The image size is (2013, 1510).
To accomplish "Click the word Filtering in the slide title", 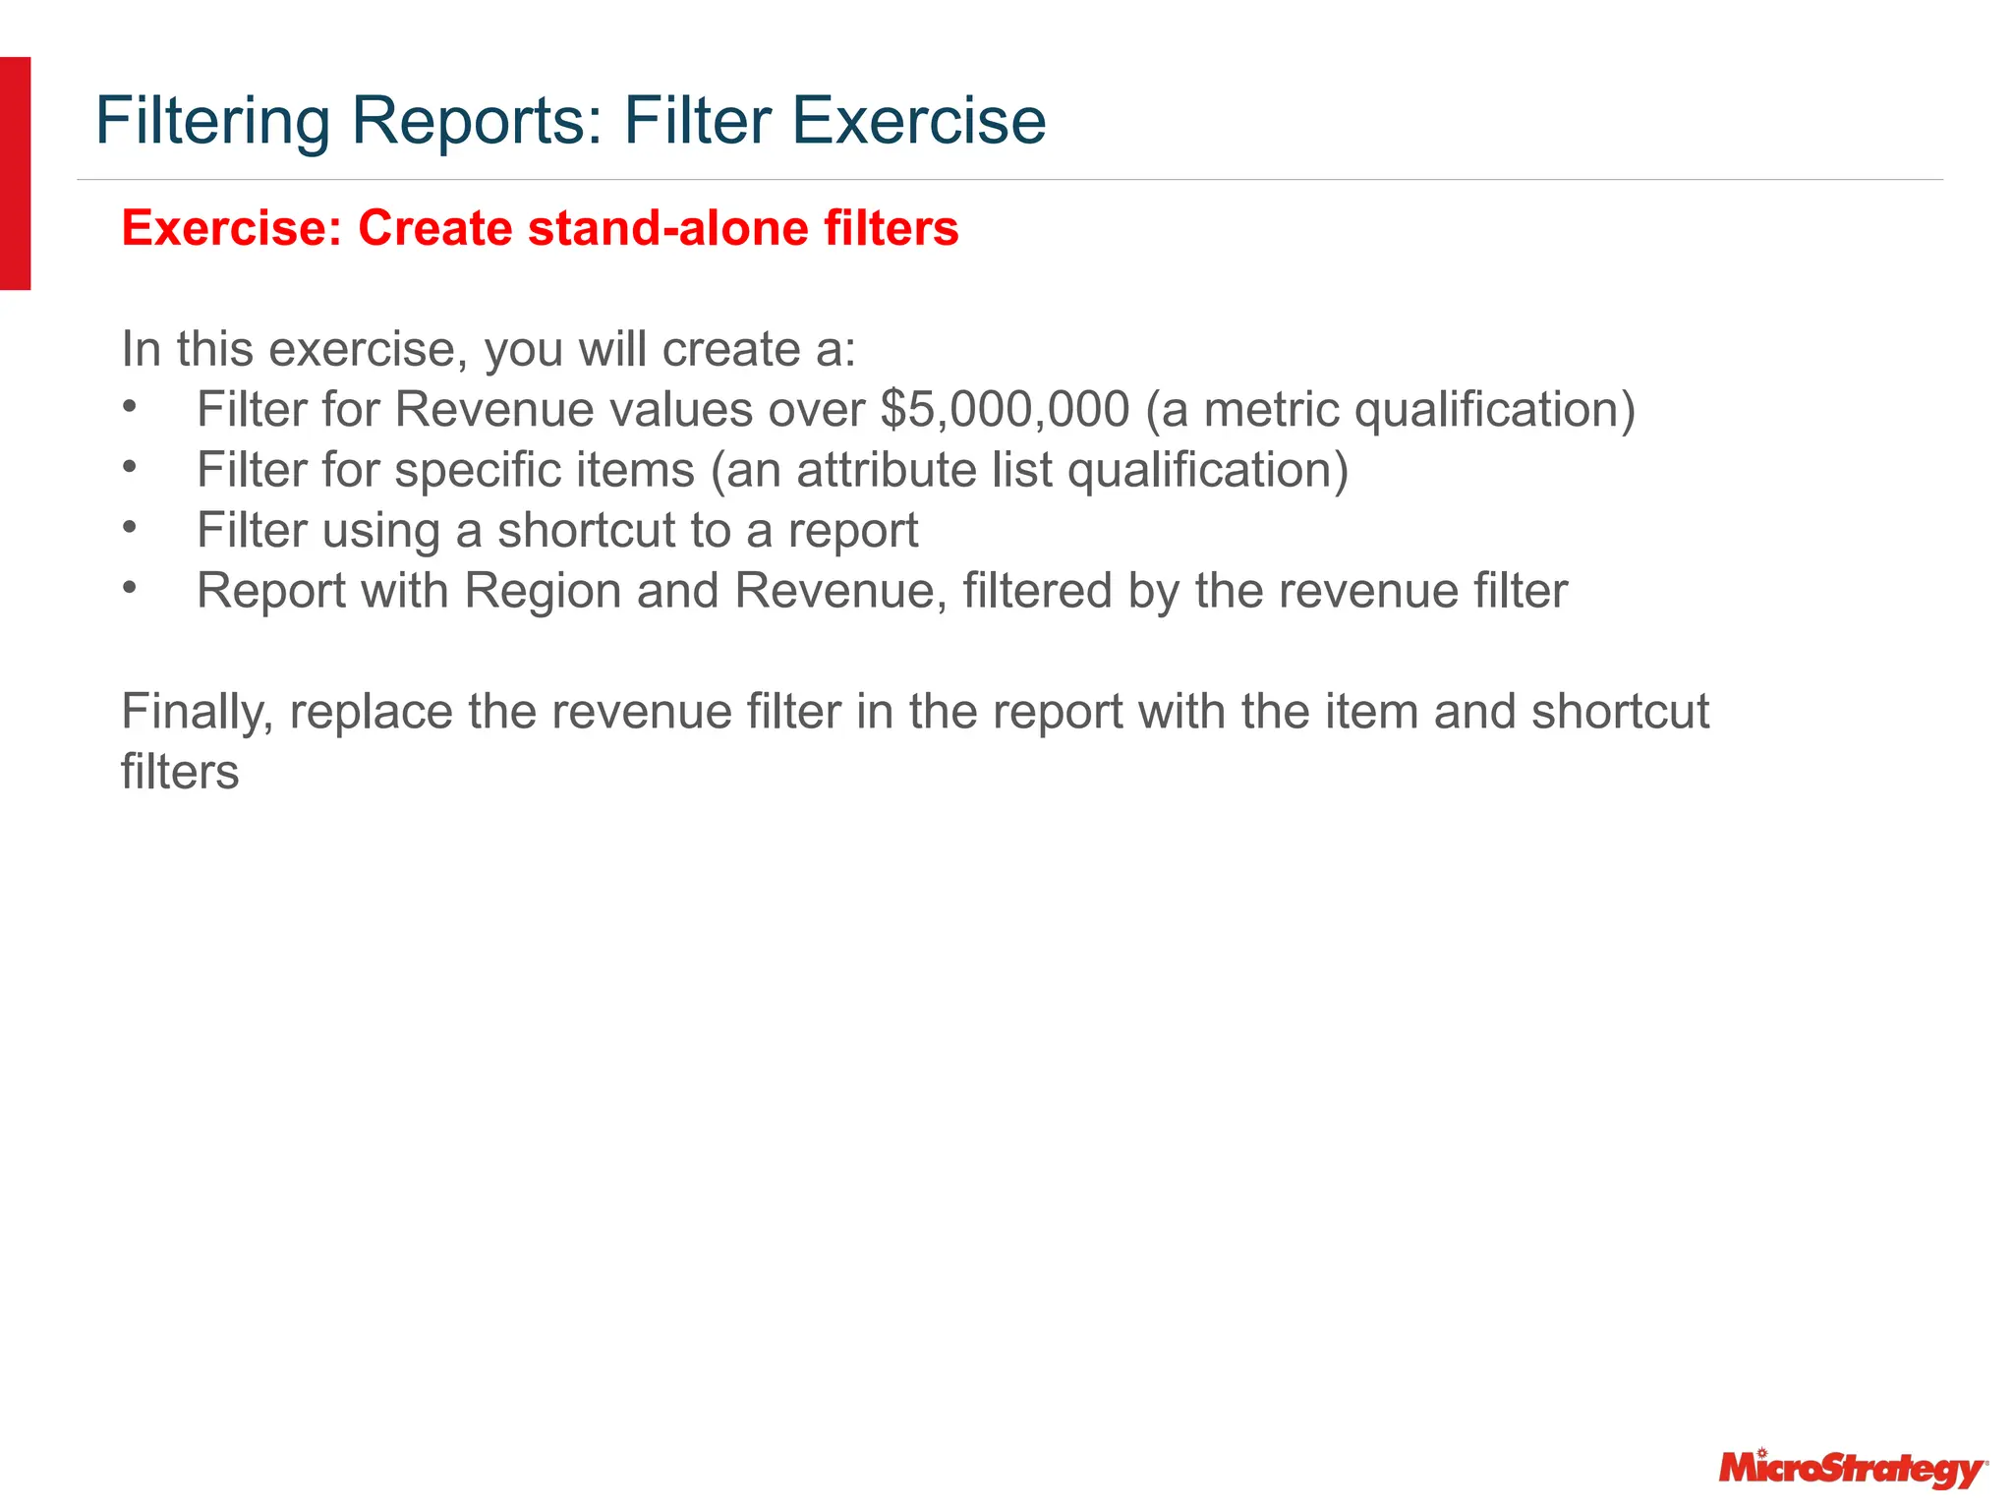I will [212, 121].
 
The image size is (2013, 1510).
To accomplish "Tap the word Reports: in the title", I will [478, 121].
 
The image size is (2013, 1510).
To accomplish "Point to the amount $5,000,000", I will [1005, 409].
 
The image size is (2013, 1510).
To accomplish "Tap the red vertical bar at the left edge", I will [15, 173].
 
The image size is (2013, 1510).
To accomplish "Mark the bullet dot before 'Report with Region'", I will [129, 587].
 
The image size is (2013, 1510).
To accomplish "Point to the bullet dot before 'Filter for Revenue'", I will [129, 405].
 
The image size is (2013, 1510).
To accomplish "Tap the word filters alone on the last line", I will [180, 772].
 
